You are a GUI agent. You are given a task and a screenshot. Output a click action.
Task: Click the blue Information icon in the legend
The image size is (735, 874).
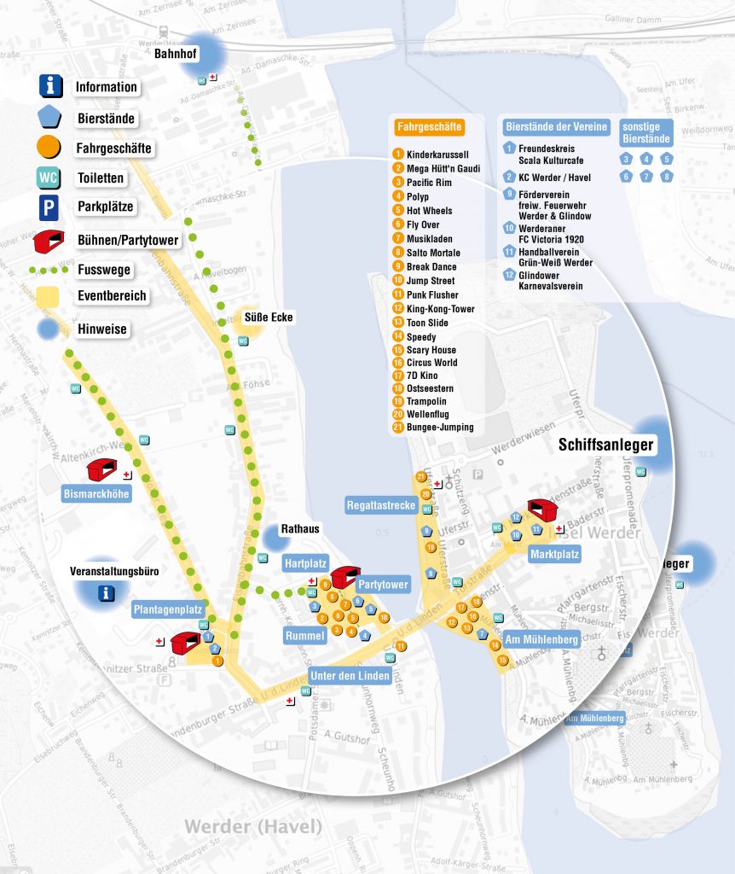point(51,85)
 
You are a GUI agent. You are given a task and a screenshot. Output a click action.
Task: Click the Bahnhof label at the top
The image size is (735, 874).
point(176,54)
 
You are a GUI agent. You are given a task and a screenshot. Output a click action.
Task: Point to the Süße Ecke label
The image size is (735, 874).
point(269,318)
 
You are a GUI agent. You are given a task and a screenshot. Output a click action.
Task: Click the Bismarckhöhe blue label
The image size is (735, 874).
point(97,493)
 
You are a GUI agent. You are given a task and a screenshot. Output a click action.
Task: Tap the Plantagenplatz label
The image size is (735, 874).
point(168,609)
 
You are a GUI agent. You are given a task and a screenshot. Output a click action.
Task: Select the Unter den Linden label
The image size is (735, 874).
point(350,676)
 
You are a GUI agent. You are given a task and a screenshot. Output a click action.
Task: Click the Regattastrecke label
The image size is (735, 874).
point(380,505)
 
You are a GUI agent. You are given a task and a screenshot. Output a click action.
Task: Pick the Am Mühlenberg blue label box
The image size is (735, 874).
point(541,639)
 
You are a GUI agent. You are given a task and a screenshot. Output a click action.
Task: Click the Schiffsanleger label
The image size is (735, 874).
point(605,445)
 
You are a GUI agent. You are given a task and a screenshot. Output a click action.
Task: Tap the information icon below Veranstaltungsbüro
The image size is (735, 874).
point(106,593)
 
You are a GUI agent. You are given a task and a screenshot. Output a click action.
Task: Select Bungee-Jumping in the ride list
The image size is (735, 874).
point(440,427)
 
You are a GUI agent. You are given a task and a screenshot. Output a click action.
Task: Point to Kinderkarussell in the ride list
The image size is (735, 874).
point(437,154)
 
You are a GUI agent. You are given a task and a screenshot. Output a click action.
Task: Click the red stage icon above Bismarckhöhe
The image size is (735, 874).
point(101,468)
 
